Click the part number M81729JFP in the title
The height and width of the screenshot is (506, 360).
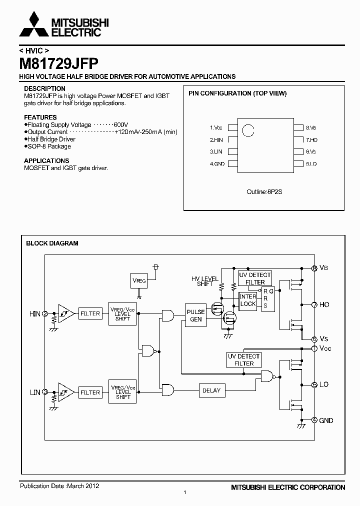tap(58, 63)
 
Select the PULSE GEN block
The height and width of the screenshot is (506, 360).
tap(195, 315)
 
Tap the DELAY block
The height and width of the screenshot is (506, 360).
tap(211, 390)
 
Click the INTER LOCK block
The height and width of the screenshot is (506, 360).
tap(248, 300)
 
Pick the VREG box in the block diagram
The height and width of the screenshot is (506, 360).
tap(139, 281)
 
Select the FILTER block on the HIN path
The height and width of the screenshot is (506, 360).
tap(90, 314)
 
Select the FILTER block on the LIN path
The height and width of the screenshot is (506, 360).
tap(90, 392)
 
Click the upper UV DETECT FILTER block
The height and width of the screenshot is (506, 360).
tap(255, 278)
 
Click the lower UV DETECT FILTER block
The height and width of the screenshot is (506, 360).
tap(244, 359)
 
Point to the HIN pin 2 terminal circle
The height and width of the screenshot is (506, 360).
tap(45, 313)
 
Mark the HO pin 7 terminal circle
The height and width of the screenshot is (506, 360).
tap(314, 304)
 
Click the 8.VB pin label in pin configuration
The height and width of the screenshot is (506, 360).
tap(311, 127)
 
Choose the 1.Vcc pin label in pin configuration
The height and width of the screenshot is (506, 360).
tap(216, 127)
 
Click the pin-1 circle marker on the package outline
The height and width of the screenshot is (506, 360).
tap(247, 130)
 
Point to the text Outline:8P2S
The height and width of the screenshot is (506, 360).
tap(265, 192)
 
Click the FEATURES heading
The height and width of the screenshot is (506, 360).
tap(40, 117)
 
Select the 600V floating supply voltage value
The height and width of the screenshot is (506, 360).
tap(120, 124)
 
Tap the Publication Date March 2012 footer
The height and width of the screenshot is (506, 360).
tap(59, 485)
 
